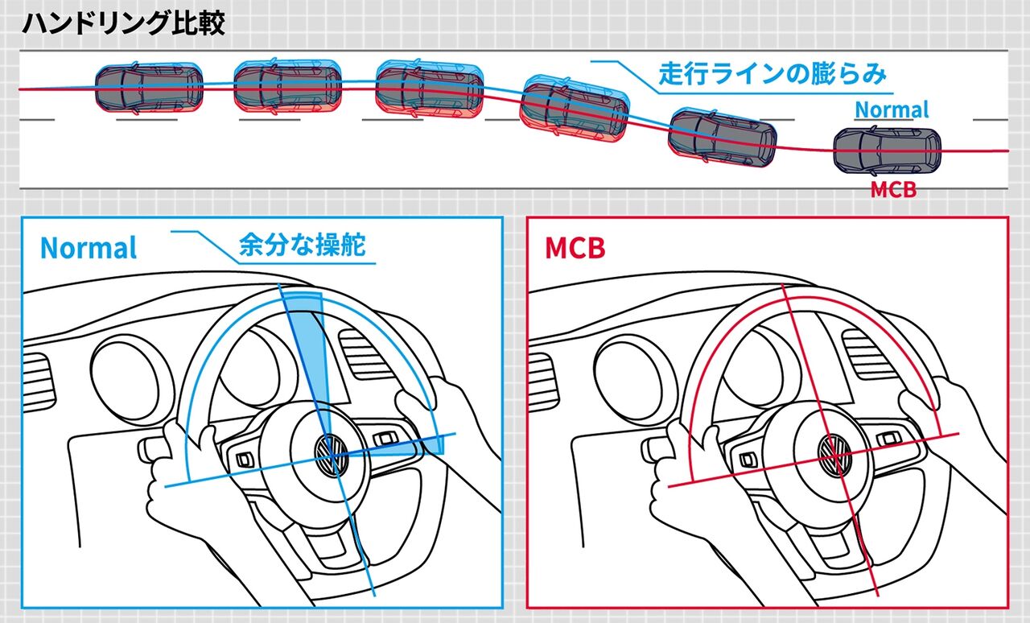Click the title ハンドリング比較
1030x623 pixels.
123,23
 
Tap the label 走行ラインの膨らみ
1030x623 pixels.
772,74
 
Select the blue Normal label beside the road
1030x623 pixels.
892,109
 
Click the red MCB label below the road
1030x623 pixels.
893,191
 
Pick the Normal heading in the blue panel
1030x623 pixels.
89,247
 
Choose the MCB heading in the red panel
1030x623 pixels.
575,248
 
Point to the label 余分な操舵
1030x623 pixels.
302,245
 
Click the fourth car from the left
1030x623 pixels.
573,110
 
